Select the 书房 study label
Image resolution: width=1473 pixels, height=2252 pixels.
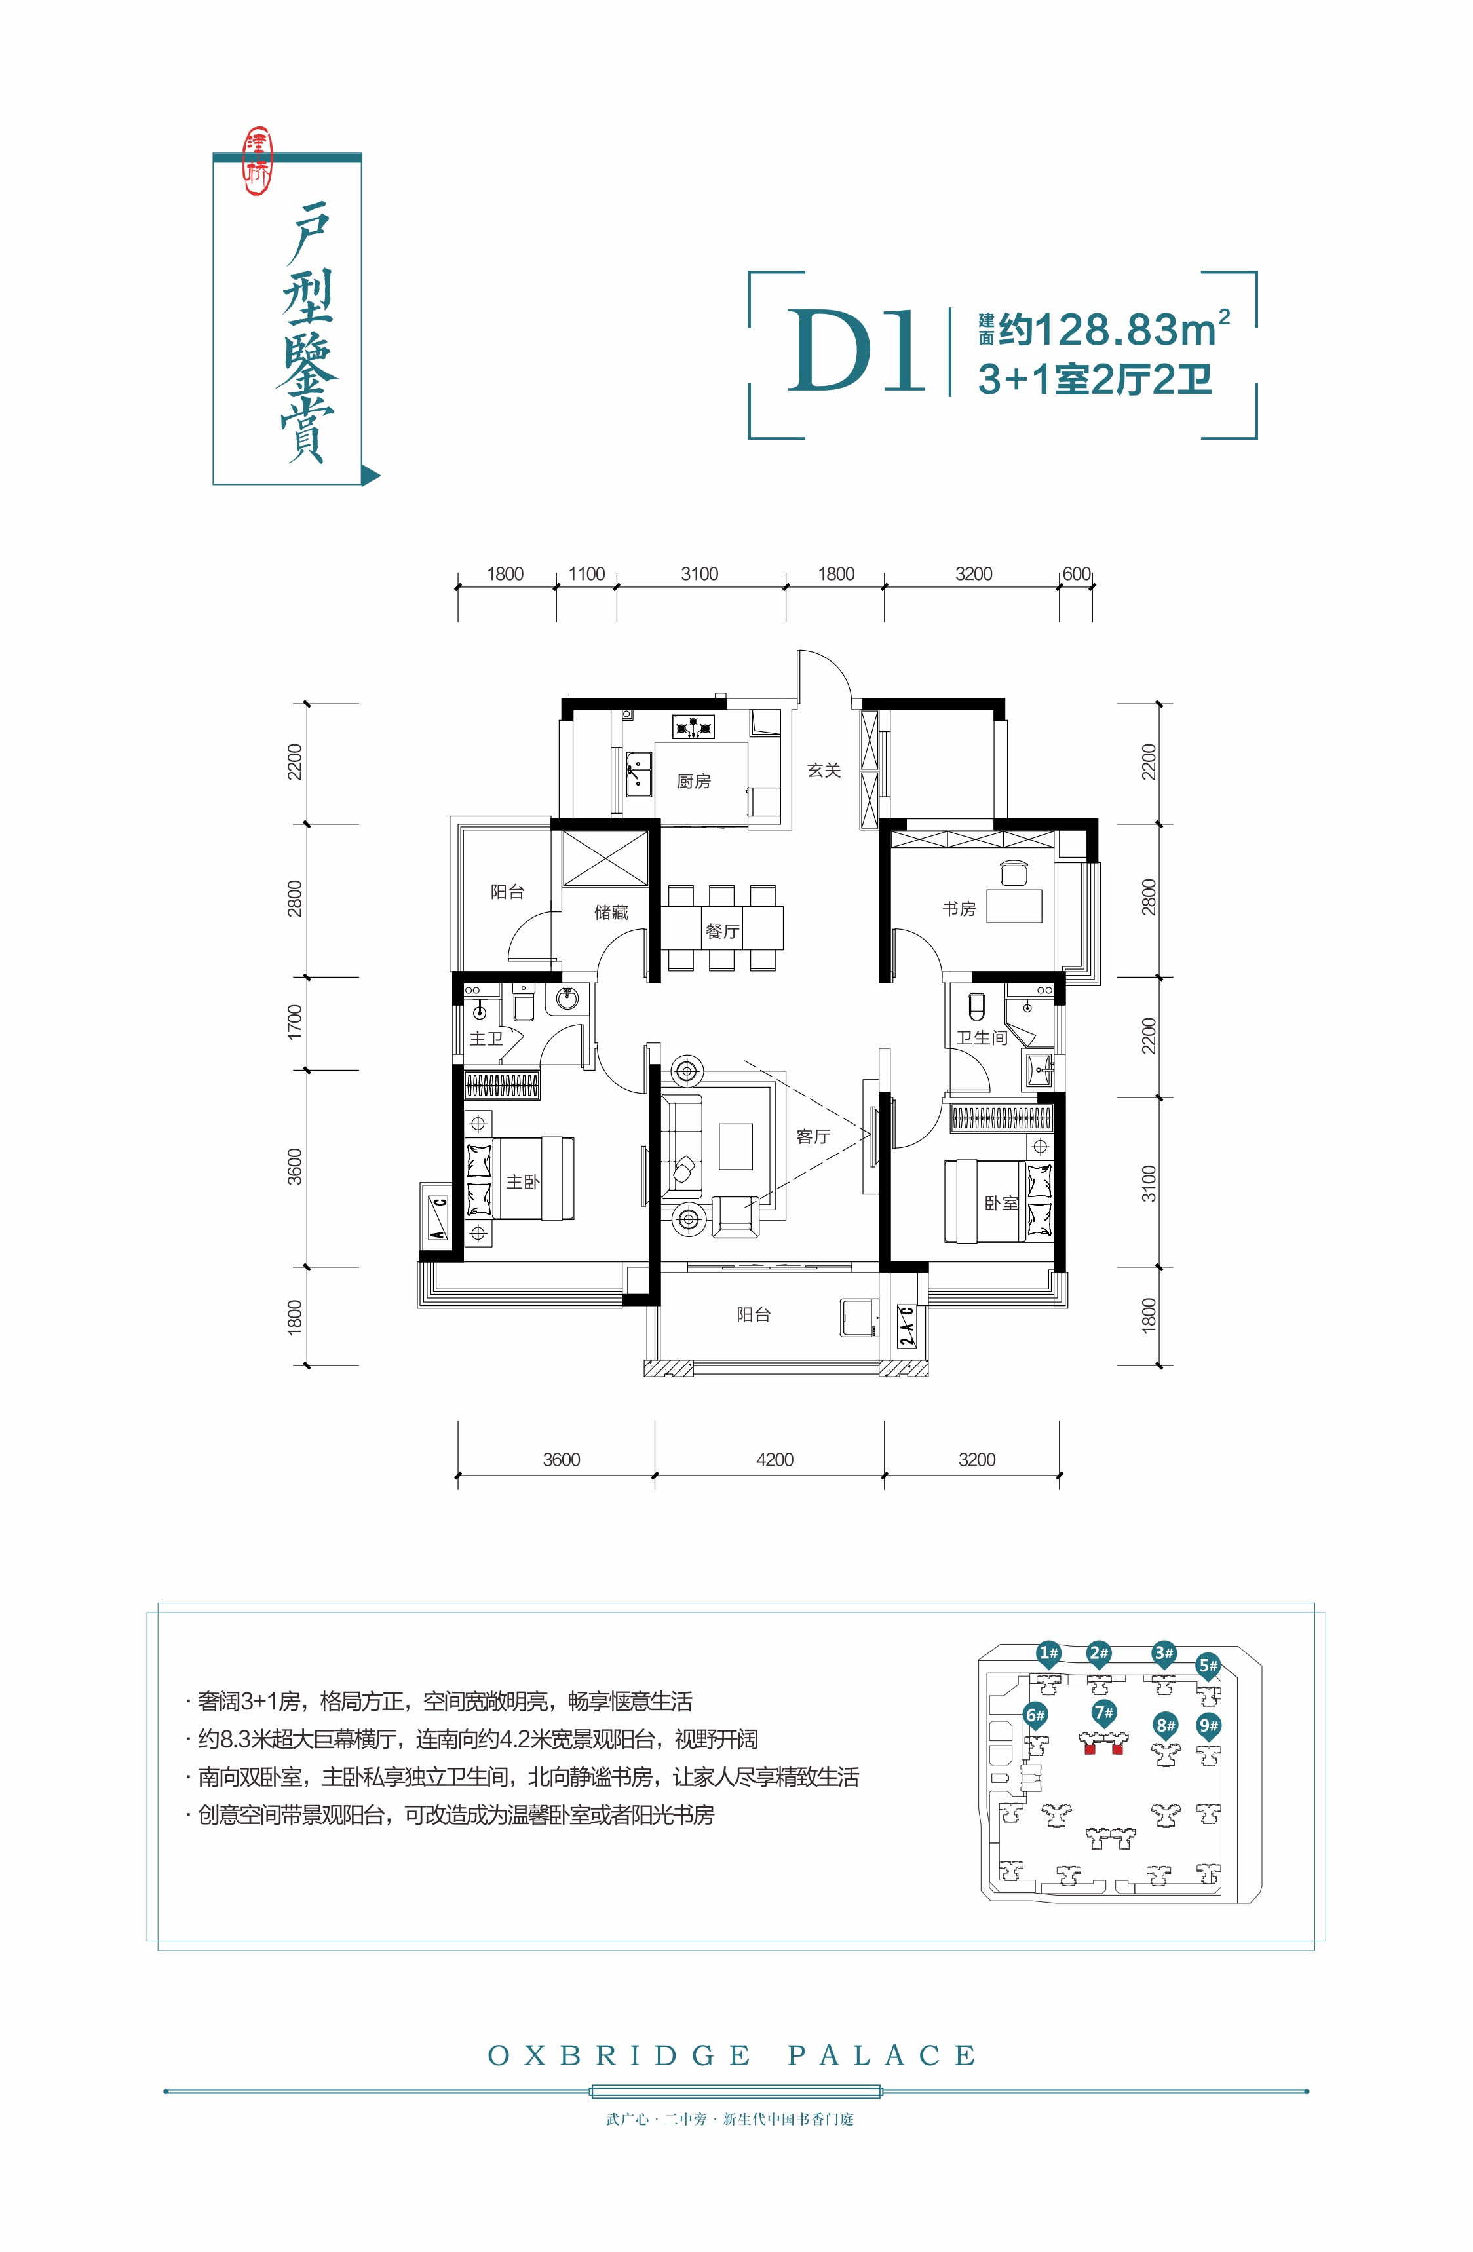pyautogui.click(x=959, y=908)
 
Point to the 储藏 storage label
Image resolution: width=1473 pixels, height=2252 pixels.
pyautogui.click(x=611, y=912)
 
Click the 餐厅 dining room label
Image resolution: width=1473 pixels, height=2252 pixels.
pyautogui.click(x=723, y=931)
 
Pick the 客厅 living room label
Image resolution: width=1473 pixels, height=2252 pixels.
pyautogui.click(x=813, y=1136)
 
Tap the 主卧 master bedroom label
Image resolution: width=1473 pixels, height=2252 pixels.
pyautogui.click(x=523, y=1182)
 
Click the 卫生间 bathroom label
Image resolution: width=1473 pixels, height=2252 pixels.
pyautogui.click(x=982, y=1038)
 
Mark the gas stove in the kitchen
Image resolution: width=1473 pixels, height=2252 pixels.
pyautogui.click(x=693, y=727)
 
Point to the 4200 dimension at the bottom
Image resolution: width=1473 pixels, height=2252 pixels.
pyautogui.click(x=775, y=1459)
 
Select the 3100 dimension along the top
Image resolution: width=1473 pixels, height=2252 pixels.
pyautogui.click(x=700, y=573)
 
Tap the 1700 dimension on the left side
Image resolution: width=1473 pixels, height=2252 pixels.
pyautogui.click(x=294, y=1023)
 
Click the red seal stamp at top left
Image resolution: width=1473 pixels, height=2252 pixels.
pyautogui.click(x=258, y=162)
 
